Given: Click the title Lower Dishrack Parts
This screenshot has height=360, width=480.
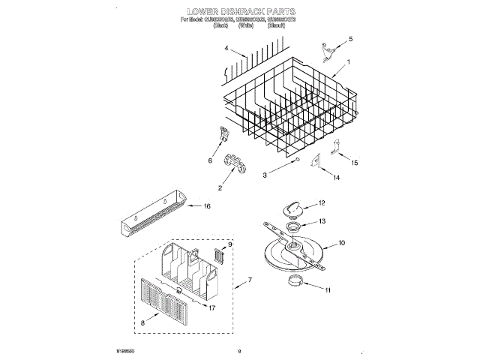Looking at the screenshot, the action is pyautogui.click(x=240, y=13).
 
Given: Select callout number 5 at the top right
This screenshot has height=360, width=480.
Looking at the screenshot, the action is pyautogui.click(x=349, y=38).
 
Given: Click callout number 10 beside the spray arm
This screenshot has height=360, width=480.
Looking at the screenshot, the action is pyautogui.click(x=341, y=243).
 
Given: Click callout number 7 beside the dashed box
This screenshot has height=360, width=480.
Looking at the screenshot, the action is pyautogui.click(x=250, y=280).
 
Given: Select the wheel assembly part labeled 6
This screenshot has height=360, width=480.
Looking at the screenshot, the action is pyautogui.click(x=223, y=136).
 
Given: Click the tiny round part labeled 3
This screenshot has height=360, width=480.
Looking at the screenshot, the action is pyautogui.click(x=298, y=160).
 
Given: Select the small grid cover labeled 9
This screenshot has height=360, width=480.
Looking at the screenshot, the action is pyautogui.click(x=219, y=255).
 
